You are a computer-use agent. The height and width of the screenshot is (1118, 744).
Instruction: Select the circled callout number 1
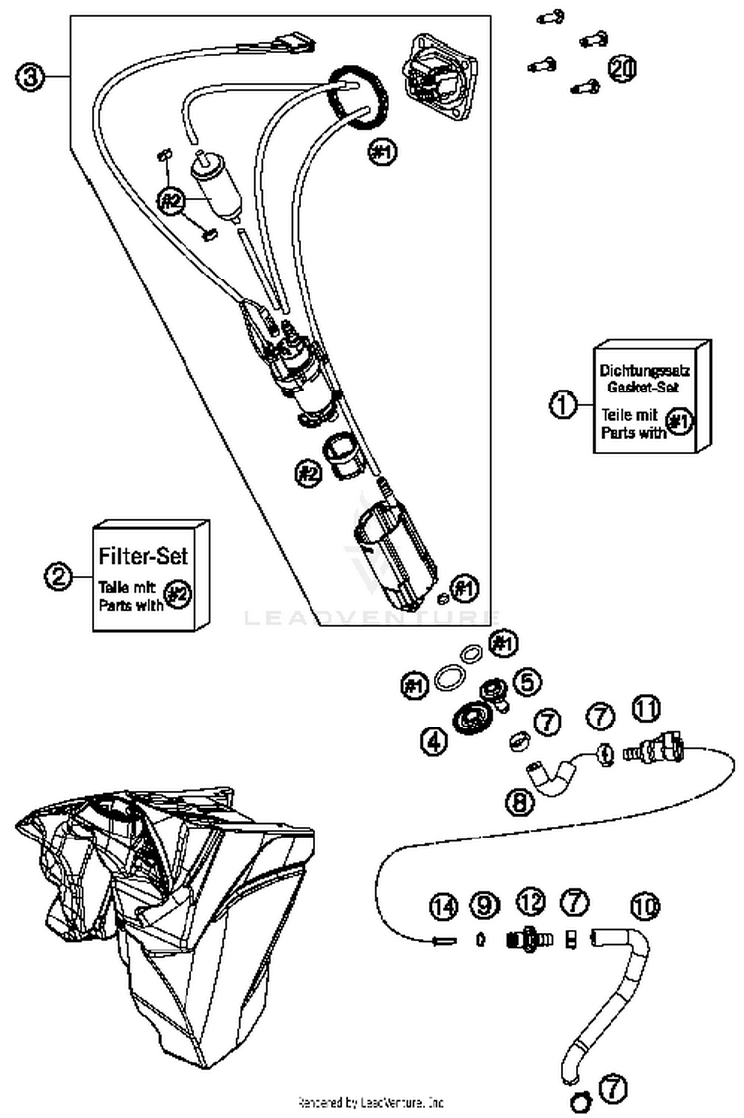562,404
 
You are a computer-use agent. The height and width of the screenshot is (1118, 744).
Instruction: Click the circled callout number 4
432,739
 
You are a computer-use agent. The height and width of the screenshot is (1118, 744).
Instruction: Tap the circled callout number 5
527,682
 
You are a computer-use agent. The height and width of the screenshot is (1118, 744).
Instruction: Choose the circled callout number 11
646,709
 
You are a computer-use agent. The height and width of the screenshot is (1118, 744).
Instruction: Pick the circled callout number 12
531,902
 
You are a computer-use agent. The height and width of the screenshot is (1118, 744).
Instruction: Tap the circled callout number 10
646,905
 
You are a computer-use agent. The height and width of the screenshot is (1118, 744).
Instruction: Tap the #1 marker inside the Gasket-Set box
679,422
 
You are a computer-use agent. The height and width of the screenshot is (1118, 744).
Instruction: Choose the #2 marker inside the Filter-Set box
177,594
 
